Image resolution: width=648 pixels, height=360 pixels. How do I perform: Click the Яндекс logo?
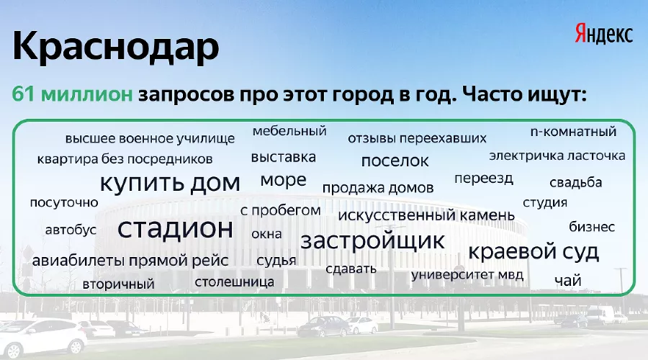603,33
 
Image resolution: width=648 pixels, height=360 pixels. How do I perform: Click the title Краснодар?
115,48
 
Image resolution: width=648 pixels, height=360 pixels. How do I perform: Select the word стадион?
176,229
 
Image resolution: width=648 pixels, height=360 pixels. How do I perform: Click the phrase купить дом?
170,183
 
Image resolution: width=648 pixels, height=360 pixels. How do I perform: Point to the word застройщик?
372,240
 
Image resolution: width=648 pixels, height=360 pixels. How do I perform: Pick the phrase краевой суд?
534,251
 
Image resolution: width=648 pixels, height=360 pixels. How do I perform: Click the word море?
283,180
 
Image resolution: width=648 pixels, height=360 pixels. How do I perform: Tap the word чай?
567,281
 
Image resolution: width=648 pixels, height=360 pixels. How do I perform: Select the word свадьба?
575,182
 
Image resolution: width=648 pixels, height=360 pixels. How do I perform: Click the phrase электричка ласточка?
557,155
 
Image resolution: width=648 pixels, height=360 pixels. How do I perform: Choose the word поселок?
395,160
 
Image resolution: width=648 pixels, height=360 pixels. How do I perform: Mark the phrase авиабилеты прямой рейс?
130,261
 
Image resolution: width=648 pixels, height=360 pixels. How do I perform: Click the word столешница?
234,281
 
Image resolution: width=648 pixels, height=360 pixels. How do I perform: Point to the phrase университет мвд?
467,275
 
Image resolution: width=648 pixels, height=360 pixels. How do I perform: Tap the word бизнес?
592,227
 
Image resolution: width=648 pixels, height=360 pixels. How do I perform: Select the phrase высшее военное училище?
150,138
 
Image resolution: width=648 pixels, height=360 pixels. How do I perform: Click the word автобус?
71,230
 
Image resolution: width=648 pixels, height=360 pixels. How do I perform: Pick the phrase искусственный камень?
426,215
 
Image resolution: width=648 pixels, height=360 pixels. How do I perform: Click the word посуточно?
64,202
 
